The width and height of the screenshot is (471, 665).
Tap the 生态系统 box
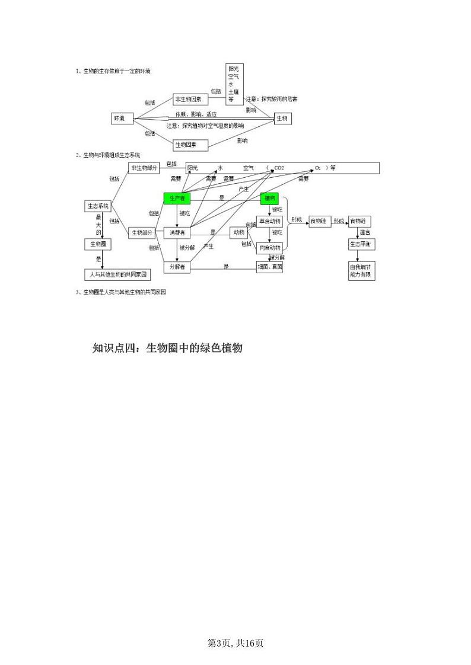98,206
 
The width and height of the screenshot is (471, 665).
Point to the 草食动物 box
270,221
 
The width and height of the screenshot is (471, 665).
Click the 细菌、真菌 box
270,267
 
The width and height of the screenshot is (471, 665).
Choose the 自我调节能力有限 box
361,271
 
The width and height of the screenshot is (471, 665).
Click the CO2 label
279,168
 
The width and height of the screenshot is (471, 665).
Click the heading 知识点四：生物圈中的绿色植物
168,348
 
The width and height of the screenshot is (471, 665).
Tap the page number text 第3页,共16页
235,643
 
